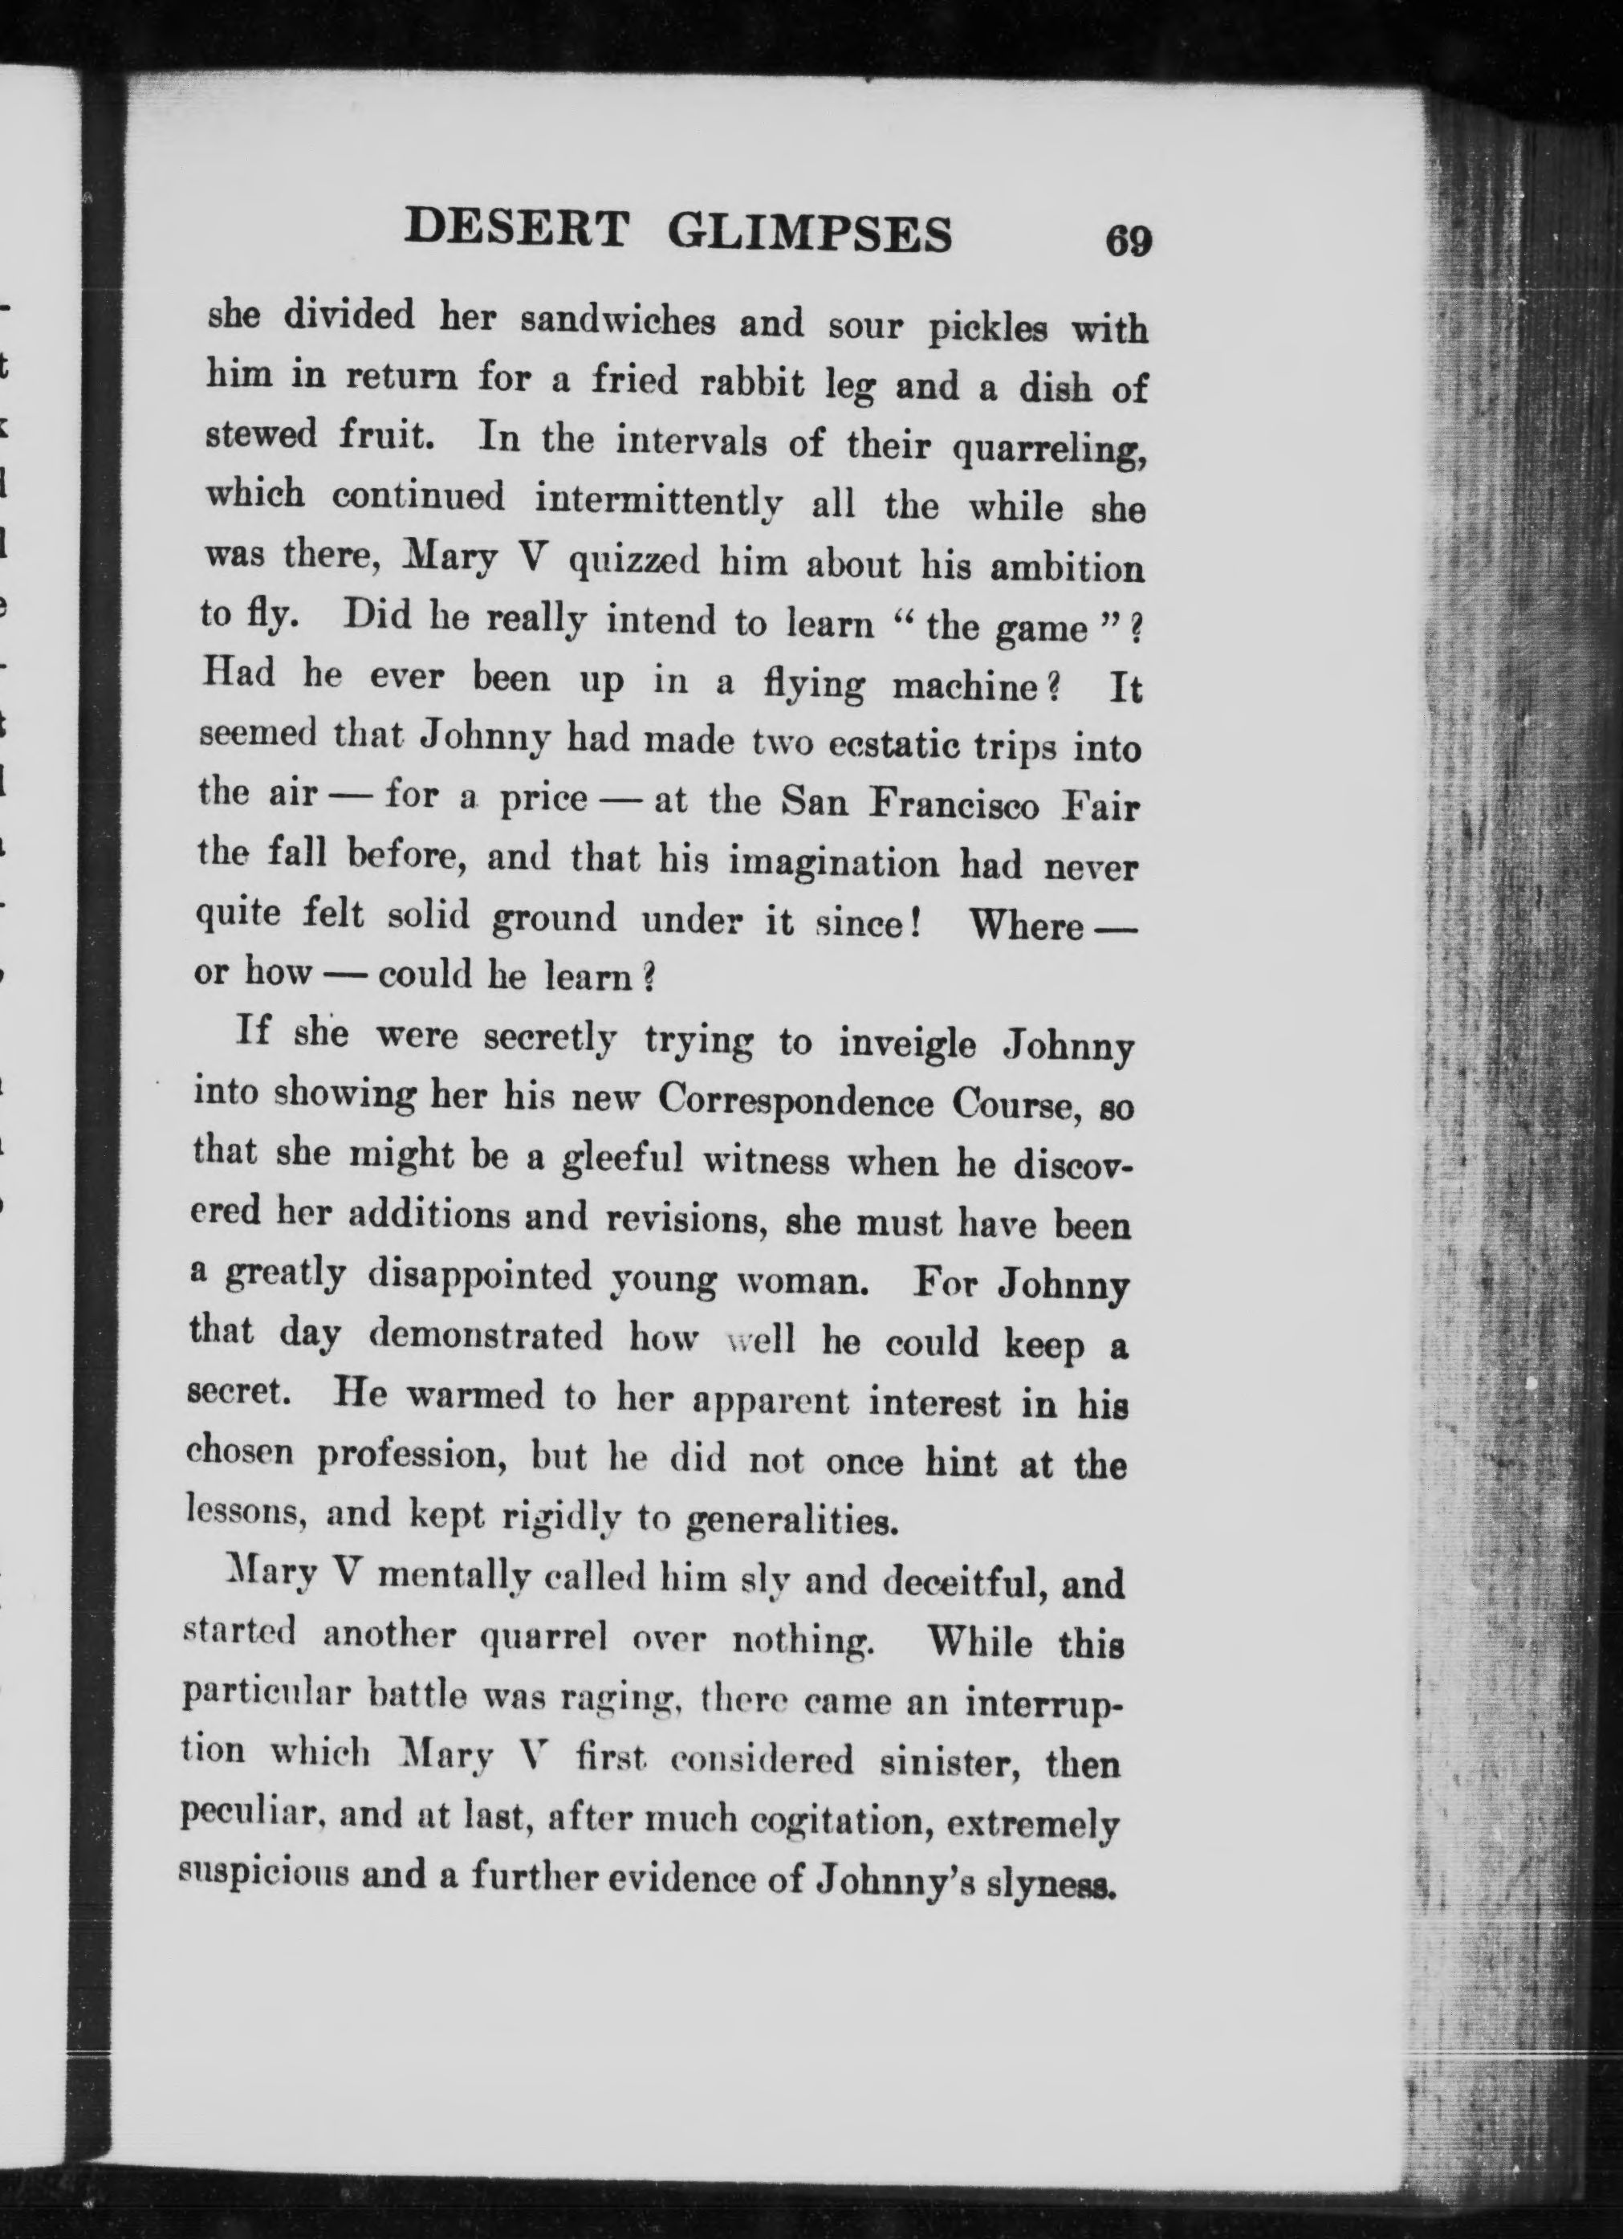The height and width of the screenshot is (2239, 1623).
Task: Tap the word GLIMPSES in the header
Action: click(x=810, y=233)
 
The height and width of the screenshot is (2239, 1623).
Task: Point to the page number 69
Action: click(x=1129, y=241)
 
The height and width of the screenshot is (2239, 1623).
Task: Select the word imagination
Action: click(x=834, y=863)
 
